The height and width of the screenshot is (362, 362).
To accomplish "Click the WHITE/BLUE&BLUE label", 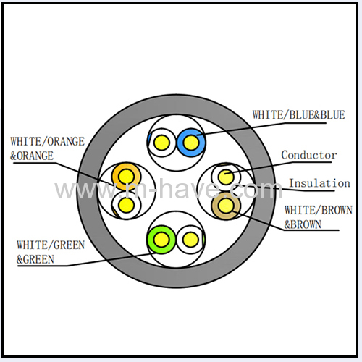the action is coord(298,115).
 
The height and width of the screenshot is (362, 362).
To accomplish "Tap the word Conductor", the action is coord(308,155).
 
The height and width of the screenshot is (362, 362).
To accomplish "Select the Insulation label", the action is coord(319,183).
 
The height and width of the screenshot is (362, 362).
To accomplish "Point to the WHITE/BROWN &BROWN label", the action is coord(318,217).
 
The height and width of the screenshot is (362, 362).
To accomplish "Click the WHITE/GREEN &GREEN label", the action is coord(51,252).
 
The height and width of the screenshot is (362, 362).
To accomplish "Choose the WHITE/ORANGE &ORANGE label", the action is coord(47,148).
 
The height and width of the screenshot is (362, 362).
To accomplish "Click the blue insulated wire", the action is coord(191,143).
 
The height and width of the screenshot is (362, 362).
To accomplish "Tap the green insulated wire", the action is coord(161,240).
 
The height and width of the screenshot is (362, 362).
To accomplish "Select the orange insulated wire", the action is coord(126,177).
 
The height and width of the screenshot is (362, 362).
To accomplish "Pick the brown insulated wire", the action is coord(226,206).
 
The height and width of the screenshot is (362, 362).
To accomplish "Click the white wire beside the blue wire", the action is coord(161,143).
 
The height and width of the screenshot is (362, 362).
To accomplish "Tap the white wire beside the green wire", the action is coord(190,240).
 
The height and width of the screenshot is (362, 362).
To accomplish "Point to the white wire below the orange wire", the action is coord(126,205).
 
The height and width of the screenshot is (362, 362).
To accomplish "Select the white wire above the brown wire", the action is coord(226,177).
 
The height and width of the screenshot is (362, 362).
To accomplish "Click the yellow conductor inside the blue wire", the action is coord(191,143).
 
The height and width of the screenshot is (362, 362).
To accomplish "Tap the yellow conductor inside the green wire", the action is coord(161,240).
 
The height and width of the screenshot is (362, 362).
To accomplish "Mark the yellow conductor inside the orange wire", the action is coord(126,177).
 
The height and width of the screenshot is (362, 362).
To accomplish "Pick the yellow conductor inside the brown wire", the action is coord(226,206).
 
